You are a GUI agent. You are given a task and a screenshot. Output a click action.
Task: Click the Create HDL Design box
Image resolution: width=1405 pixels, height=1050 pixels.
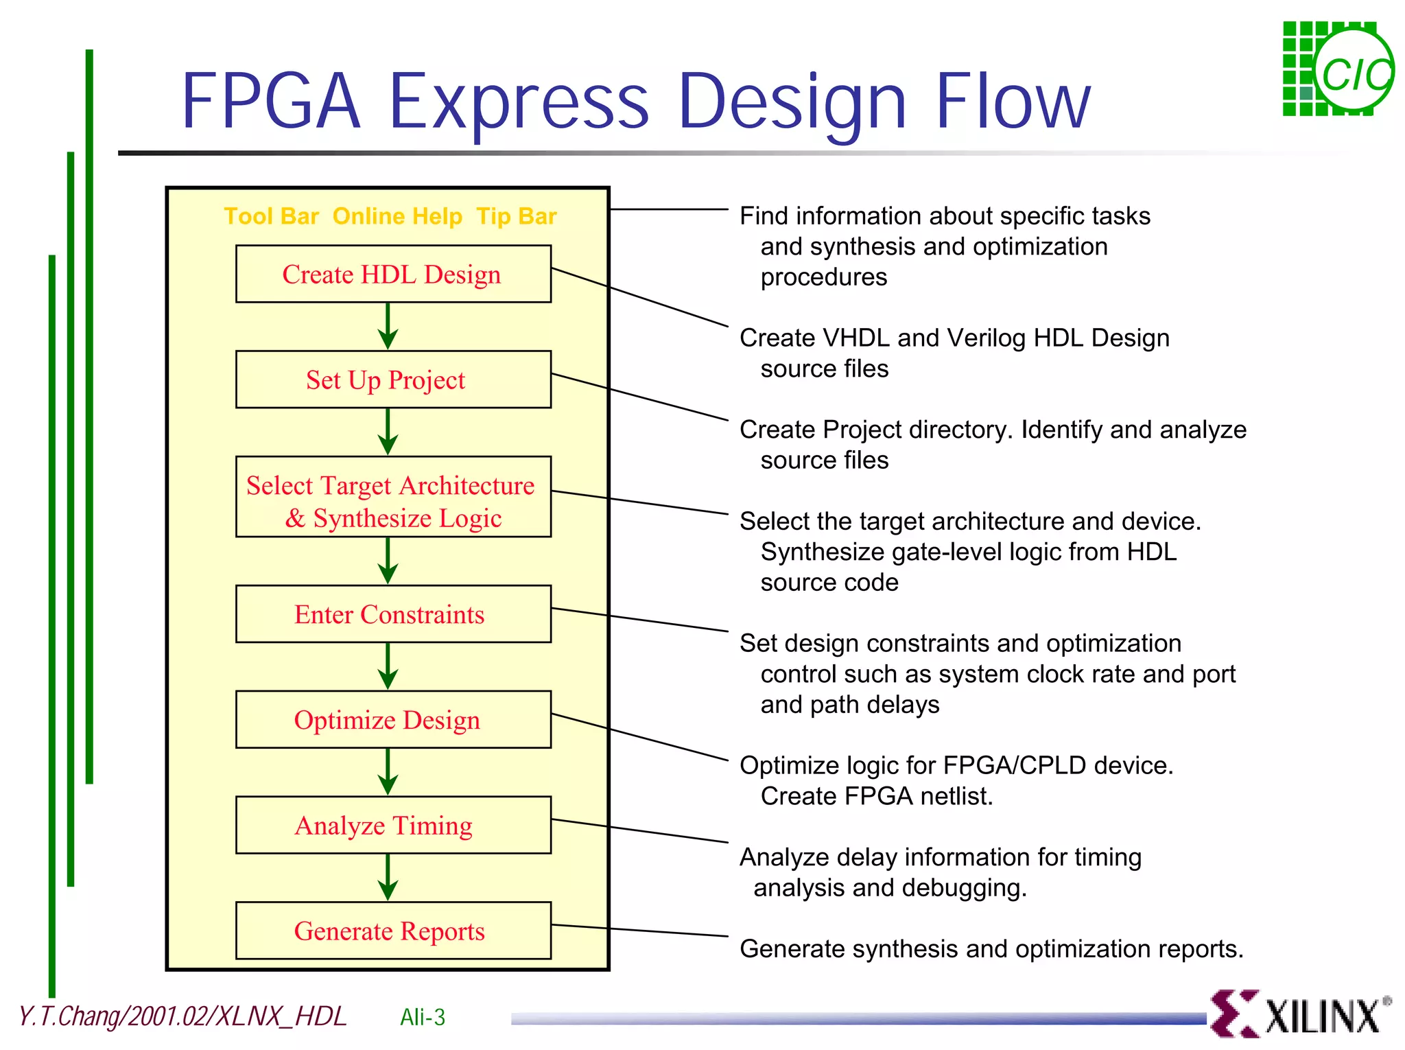click(x=392, y=274)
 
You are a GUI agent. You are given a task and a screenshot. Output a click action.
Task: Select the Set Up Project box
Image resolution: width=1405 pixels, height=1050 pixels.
click(x=392, y=380)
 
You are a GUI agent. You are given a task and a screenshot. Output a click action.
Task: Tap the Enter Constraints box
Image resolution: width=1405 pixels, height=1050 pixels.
click(x=392, y=614)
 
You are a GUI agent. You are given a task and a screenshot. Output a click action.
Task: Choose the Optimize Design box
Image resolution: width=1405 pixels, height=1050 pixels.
click(x=392, y=719)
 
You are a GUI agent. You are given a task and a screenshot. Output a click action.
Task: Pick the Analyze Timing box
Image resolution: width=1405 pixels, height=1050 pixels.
click(x=392, y=825)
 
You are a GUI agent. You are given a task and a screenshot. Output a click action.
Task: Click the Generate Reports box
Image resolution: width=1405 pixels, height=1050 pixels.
click(x=392, y=931)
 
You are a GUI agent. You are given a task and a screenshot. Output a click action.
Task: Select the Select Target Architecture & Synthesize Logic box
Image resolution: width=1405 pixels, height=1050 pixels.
click(x=392, y=497)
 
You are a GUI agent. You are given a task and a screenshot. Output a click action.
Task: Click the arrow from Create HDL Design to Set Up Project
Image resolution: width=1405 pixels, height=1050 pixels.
click(x=388, y=327)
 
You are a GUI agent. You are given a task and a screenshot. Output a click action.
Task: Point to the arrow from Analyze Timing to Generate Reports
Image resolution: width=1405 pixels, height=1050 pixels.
click(x=388, y=878)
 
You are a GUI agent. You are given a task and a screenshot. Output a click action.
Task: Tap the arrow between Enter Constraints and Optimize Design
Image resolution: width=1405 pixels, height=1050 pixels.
click(x=388, y=666)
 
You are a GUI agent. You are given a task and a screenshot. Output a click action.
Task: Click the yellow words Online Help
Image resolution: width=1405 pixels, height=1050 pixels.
click(x=397, y=217)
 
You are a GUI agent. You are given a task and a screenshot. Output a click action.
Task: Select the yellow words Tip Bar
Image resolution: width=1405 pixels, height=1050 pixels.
click(x=516, y=217)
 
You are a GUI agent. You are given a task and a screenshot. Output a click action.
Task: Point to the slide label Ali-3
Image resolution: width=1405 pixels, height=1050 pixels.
click(x=423, y=1017)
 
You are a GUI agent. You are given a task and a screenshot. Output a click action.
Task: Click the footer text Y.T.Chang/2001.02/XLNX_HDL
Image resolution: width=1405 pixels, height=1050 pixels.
click(x=182, y=1016)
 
